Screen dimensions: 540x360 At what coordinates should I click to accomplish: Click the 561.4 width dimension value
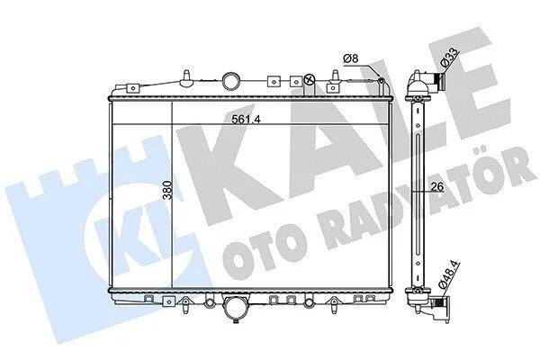(x=245, y=119)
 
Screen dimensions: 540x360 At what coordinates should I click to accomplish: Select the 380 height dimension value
(x=168, y=190)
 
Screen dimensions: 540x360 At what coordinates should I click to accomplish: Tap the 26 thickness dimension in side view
(x=436, y=186)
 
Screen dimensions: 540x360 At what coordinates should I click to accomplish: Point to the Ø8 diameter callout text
(x=351, y=58)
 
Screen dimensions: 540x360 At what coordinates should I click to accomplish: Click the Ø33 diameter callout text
(x=451, y=58)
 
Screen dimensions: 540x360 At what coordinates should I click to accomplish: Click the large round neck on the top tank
(x=230, y=80)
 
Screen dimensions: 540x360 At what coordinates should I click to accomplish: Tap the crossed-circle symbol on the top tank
(x=310, y=80)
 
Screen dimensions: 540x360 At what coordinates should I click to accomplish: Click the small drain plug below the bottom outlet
(x=236, y=321)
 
